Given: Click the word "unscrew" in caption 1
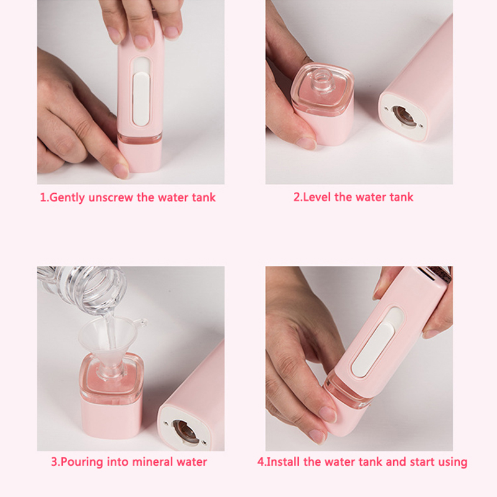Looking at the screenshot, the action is [111, 198].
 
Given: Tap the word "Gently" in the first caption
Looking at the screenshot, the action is [67, 198].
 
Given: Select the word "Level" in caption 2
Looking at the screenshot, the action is [317, 197].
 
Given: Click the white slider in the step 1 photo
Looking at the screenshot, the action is [140, 99].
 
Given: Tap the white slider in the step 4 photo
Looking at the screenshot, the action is [372, 349].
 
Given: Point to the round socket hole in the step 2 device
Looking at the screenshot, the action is [403, 117].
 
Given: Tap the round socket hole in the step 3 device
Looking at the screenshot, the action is [184, 431].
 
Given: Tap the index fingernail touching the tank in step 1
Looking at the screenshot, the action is [121, 171].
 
